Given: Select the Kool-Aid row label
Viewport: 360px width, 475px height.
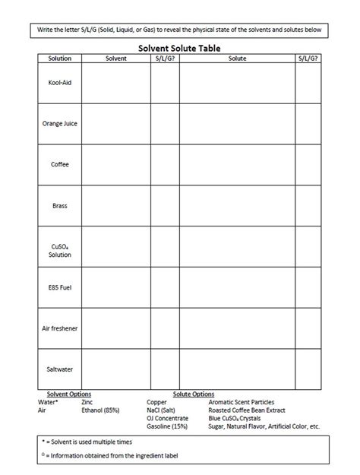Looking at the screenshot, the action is point(59,82).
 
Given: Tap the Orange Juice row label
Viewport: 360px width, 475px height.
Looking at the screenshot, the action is point(59,123).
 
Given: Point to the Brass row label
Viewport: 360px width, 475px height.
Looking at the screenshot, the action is point(59,205).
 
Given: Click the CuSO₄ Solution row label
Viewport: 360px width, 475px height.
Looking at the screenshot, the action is point(59,251).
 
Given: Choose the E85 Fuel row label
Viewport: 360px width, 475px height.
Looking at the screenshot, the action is point(59,288).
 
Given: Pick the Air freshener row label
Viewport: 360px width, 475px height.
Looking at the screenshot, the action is point(59,328).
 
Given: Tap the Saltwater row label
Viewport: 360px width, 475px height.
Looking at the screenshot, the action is point(59,369).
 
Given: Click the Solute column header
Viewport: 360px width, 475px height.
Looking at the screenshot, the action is point(237,58).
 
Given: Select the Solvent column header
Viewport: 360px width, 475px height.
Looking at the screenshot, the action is point(116,58).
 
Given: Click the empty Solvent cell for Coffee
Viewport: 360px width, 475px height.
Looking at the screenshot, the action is point(116,164).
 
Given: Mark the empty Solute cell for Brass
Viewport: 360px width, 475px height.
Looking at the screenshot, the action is point(237,205).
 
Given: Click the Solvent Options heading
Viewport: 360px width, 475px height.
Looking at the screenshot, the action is point(69,394).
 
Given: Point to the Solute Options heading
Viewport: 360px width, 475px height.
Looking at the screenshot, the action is point(194,394).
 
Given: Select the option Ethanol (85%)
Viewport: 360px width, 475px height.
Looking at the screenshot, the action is point(99,410).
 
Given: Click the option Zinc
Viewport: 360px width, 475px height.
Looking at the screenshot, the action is point(87,402).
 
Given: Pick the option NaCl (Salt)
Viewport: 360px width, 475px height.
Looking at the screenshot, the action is point(162,410).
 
